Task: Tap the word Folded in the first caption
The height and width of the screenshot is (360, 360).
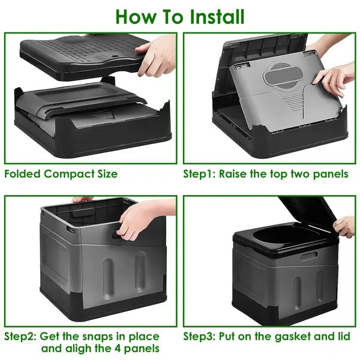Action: (24, 175)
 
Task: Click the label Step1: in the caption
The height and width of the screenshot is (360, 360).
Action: (199, 175)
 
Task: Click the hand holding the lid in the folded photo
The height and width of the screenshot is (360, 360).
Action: (158, 55)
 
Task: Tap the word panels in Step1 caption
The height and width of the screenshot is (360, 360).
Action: (332, 175)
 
